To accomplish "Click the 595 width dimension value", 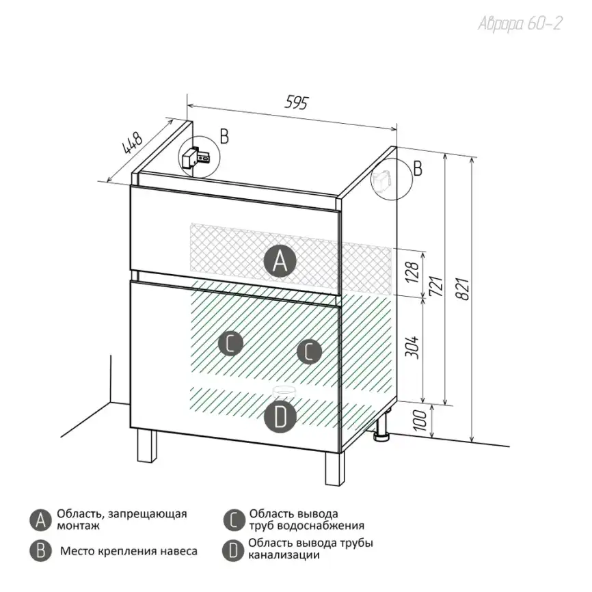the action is pyautogui.click(x=297, y=103).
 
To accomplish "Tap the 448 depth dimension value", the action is pyautogui.click(x=132, y=143).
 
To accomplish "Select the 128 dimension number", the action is pyautogui.click(x=412, y=272).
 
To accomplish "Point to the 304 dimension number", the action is pyautogui.click(x=412, y=347).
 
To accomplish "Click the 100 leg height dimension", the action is pyautogui.click(x=420, y=420).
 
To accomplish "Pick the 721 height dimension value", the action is pyautogui.click(x=437, y=286).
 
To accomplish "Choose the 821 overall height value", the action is pyautogui.click(x=463, y=289).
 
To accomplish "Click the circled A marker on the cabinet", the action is pyautogui.click(x=280, y=260).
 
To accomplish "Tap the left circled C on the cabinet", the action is pyautogui.click(x=230, y=343).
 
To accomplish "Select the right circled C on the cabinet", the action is pyautogui.click(x=309, y=352).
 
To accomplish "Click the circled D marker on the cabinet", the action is pyautogui.click(x=280, y=417).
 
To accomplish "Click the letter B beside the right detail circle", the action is pyautogui.click(x=418, y=168).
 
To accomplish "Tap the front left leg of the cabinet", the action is pyautogui.click(x=147, y=446).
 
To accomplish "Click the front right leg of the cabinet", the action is pyautogui.click(x=335, y=468).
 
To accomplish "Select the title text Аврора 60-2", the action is pyautogui.click(x=520, y=23).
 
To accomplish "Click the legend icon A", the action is pyautogui.click(x=40, y=520).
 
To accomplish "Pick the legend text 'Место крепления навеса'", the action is pyautogui.click(x=129, y=551).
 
